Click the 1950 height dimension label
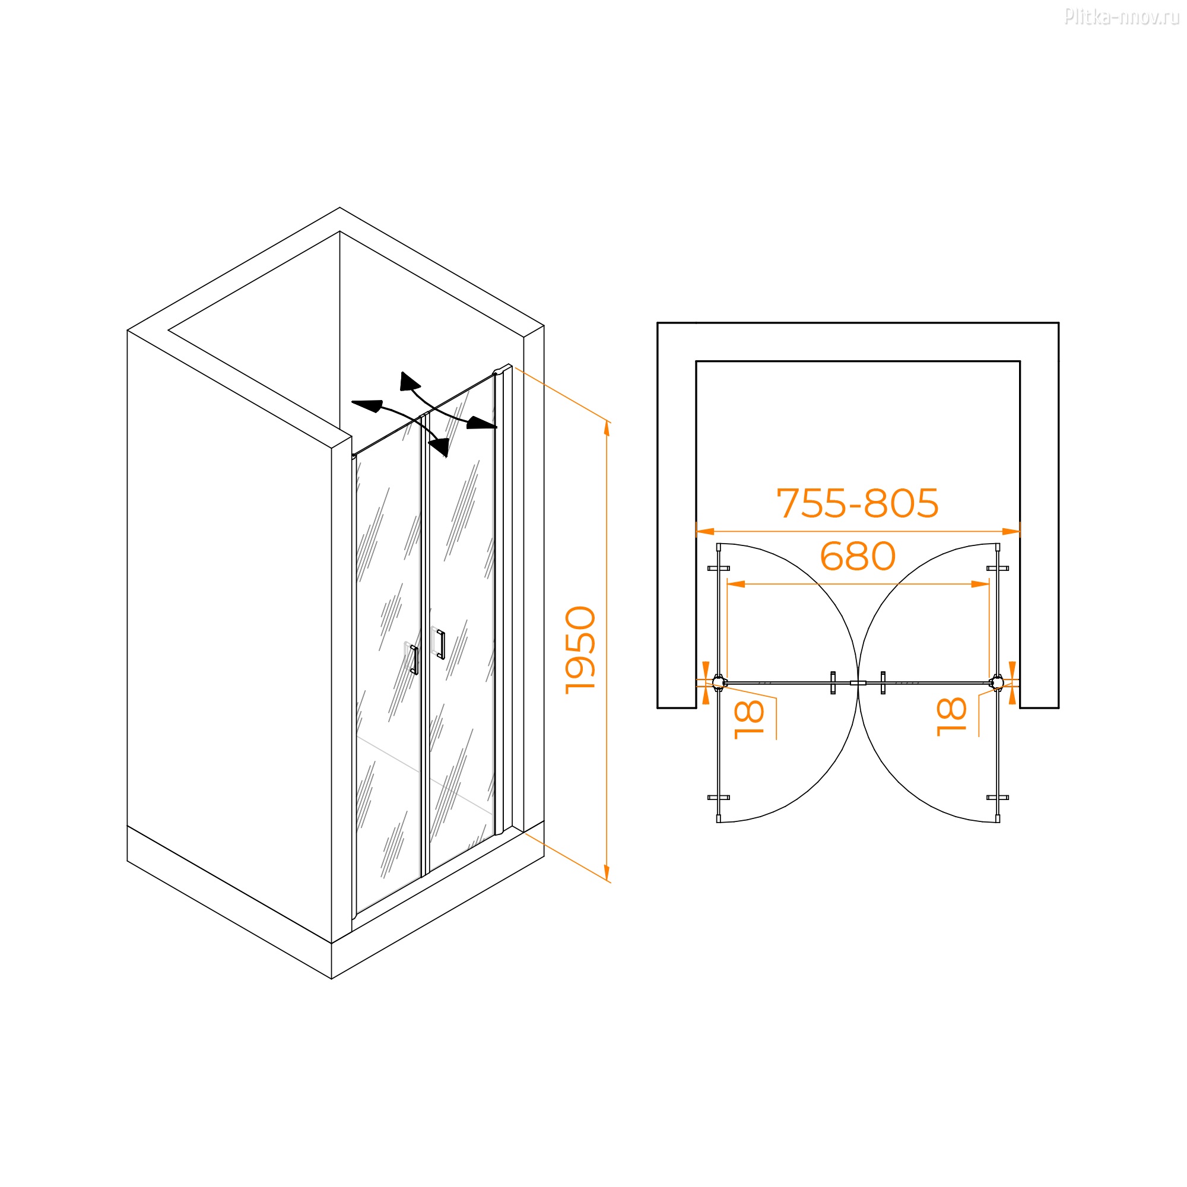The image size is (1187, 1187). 580,650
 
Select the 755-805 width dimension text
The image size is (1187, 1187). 858,503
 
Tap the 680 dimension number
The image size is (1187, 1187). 858,556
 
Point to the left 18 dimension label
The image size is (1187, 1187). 749,719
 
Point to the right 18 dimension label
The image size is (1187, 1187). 951,716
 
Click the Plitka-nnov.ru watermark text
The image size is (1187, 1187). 1121,17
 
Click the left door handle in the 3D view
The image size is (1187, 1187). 414,660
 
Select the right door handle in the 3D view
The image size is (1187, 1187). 440,643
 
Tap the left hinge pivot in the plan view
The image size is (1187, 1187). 719,682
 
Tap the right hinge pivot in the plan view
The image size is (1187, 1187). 997,682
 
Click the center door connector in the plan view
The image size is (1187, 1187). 858,683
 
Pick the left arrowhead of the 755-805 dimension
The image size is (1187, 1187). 704,531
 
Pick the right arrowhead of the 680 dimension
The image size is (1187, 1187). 980,583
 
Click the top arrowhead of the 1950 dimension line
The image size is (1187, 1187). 607,429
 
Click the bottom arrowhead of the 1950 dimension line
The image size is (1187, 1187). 607,873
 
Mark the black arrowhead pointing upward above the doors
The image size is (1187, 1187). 408,382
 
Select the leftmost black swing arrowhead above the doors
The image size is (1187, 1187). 368,406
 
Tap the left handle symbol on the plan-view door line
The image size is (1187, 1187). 833,683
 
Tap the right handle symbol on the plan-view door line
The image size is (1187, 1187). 883,683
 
